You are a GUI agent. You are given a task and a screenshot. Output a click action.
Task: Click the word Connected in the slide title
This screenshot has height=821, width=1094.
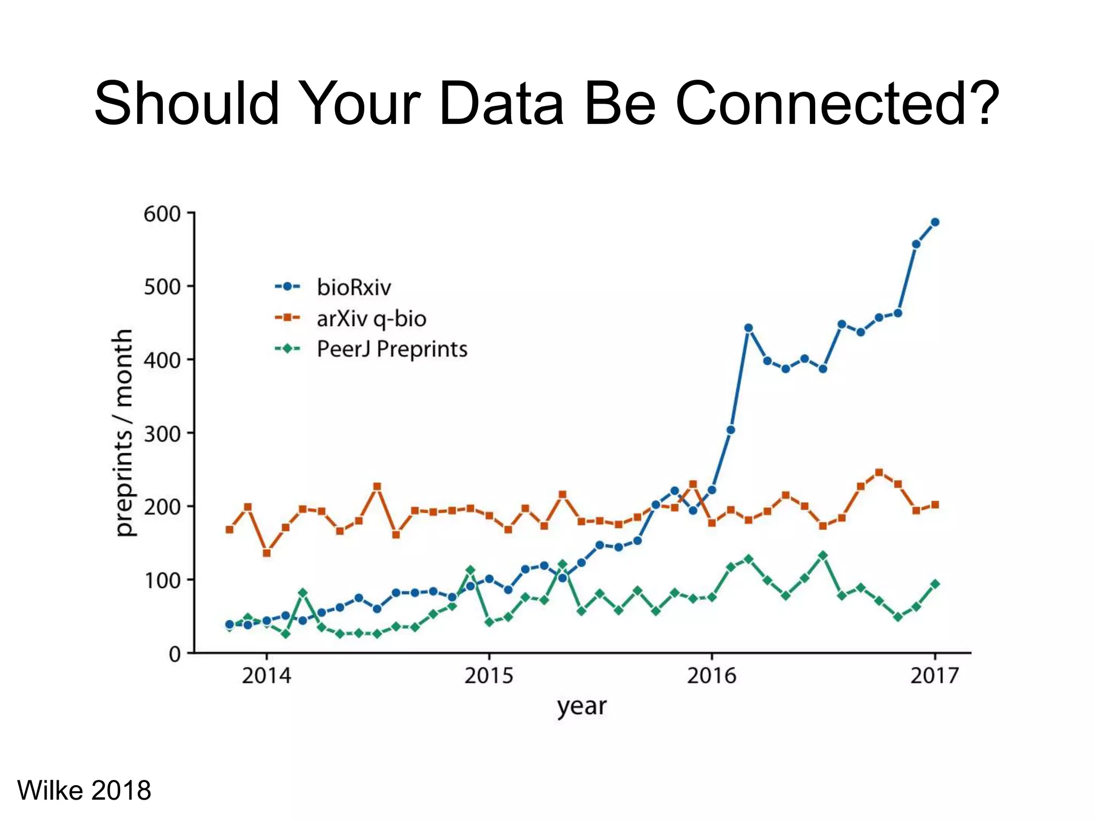pos(837,104)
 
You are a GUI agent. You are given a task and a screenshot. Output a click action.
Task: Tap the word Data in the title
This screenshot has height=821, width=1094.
pos(501,104)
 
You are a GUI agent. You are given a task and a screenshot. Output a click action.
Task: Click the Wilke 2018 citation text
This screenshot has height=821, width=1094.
pos(84,790)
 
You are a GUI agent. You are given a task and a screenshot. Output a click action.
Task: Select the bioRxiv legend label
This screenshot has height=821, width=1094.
pos(354,288)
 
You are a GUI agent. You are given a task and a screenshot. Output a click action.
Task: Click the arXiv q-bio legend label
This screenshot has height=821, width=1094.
pos(371,319)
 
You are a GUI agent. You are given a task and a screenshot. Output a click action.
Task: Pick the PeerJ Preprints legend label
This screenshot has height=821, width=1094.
pos(392,349)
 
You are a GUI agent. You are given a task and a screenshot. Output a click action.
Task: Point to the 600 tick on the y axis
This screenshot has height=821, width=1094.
pos(162,214)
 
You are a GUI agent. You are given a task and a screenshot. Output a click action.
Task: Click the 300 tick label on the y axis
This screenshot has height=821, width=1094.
pos(162,433)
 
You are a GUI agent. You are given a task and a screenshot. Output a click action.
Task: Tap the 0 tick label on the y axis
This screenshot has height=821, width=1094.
pos(175,654)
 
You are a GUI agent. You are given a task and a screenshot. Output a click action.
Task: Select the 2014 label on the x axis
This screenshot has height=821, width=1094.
pos(266,676)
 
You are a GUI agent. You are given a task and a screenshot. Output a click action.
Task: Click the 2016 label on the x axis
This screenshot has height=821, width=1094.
pos(711,676)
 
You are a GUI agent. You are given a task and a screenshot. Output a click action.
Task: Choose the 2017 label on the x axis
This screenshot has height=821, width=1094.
pos(934,676)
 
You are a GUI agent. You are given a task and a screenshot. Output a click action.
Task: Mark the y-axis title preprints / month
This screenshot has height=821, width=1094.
pos(123,433)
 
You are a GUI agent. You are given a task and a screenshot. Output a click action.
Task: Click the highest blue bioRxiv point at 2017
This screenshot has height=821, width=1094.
pos(935,222)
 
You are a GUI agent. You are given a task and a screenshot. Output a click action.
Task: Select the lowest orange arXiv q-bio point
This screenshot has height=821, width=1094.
pos(267,553)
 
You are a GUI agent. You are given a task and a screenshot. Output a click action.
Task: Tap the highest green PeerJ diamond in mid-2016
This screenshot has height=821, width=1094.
pos(823,556)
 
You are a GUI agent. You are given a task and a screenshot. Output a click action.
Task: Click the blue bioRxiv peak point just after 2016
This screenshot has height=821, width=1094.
pos(748,328)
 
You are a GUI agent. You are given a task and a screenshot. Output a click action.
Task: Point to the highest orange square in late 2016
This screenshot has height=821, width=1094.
pos(879,473)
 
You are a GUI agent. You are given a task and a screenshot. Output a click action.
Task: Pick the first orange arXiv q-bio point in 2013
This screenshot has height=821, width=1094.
pos(229,530)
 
